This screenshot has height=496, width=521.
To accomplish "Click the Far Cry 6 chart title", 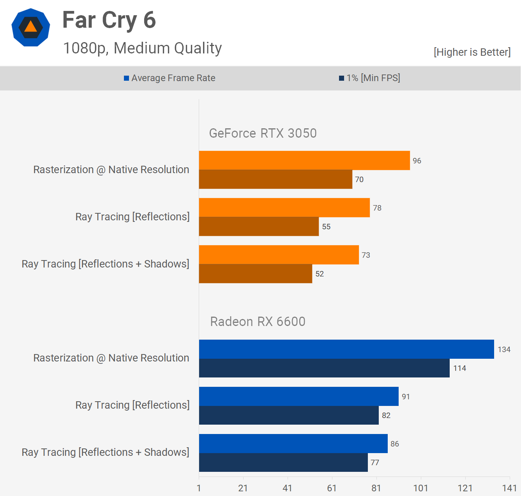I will [x=109, y=20].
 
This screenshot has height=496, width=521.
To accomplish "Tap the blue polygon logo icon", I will [x=31, y=27].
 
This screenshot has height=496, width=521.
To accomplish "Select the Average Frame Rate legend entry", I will [x=170, y=78].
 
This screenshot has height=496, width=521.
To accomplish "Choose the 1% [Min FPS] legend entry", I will [x=369, y=78].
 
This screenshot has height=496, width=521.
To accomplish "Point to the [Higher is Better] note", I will [x=472, y=52].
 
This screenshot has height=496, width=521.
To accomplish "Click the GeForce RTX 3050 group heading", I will [x=263, y=133].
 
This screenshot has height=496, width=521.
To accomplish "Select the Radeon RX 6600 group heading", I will [x=258, y=322].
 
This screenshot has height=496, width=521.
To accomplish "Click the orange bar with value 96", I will [x=304, y=160].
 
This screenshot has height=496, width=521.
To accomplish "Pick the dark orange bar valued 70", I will [x=276, y=179].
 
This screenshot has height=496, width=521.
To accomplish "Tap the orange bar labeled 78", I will [x=284, y=207].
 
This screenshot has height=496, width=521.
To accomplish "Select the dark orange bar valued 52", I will [x=255, y=274].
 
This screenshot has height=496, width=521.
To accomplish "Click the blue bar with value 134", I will [x=346, y=349].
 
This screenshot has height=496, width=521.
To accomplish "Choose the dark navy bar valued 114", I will [x=324, y=368].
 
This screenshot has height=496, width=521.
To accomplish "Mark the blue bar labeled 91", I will [x=298, y=396].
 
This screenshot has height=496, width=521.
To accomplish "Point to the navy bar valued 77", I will [x=283, y=462].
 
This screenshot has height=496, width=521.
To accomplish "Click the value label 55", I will [x=326, y=227].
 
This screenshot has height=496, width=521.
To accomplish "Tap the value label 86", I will [x=395, y=444].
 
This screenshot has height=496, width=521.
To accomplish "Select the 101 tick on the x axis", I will [x=421, y=488].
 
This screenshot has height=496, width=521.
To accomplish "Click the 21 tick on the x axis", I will [x=243, y=488].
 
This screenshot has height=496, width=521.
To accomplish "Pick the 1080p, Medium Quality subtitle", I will [x=142, y=48].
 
